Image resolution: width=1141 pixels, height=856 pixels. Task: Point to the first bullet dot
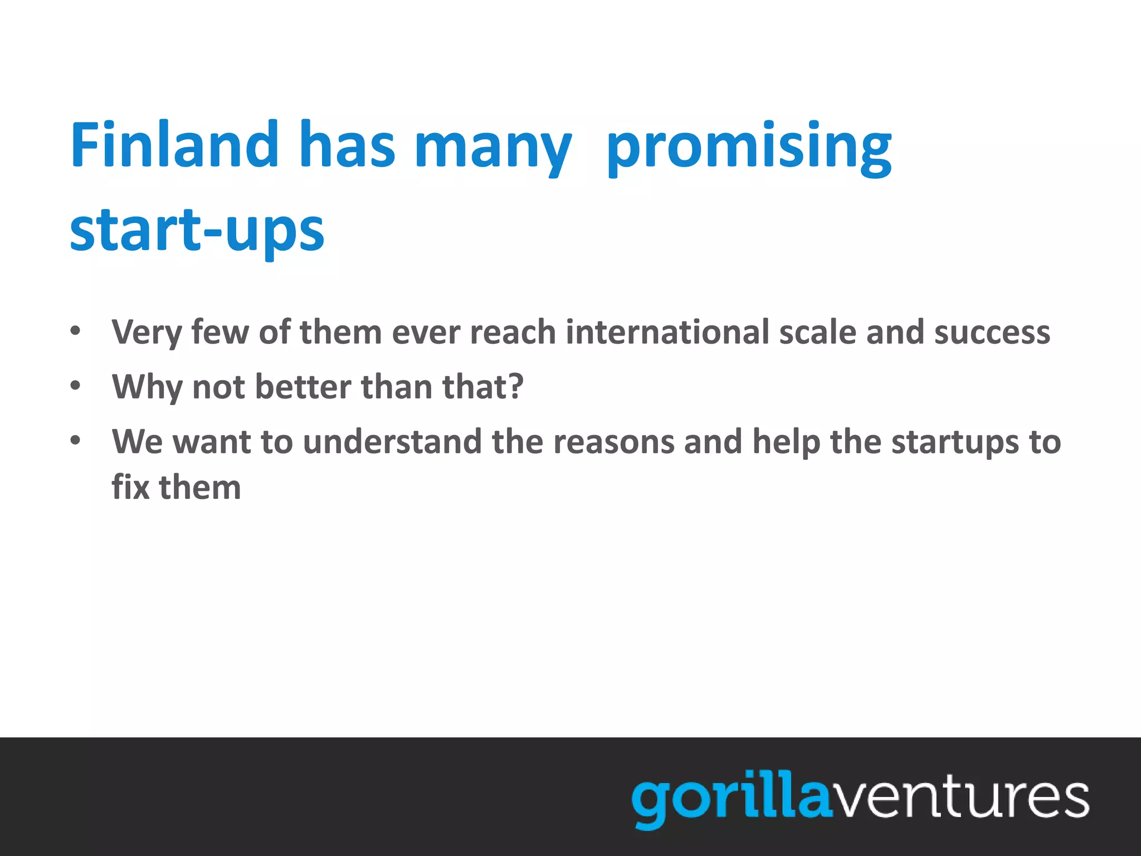76,332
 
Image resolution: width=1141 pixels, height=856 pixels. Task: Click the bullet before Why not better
76,386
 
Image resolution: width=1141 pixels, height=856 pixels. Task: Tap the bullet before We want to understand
76,441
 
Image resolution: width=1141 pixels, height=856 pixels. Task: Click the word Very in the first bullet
147,333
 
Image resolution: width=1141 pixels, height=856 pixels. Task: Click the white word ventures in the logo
958,798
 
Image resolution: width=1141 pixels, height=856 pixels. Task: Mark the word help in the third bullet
786,442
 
